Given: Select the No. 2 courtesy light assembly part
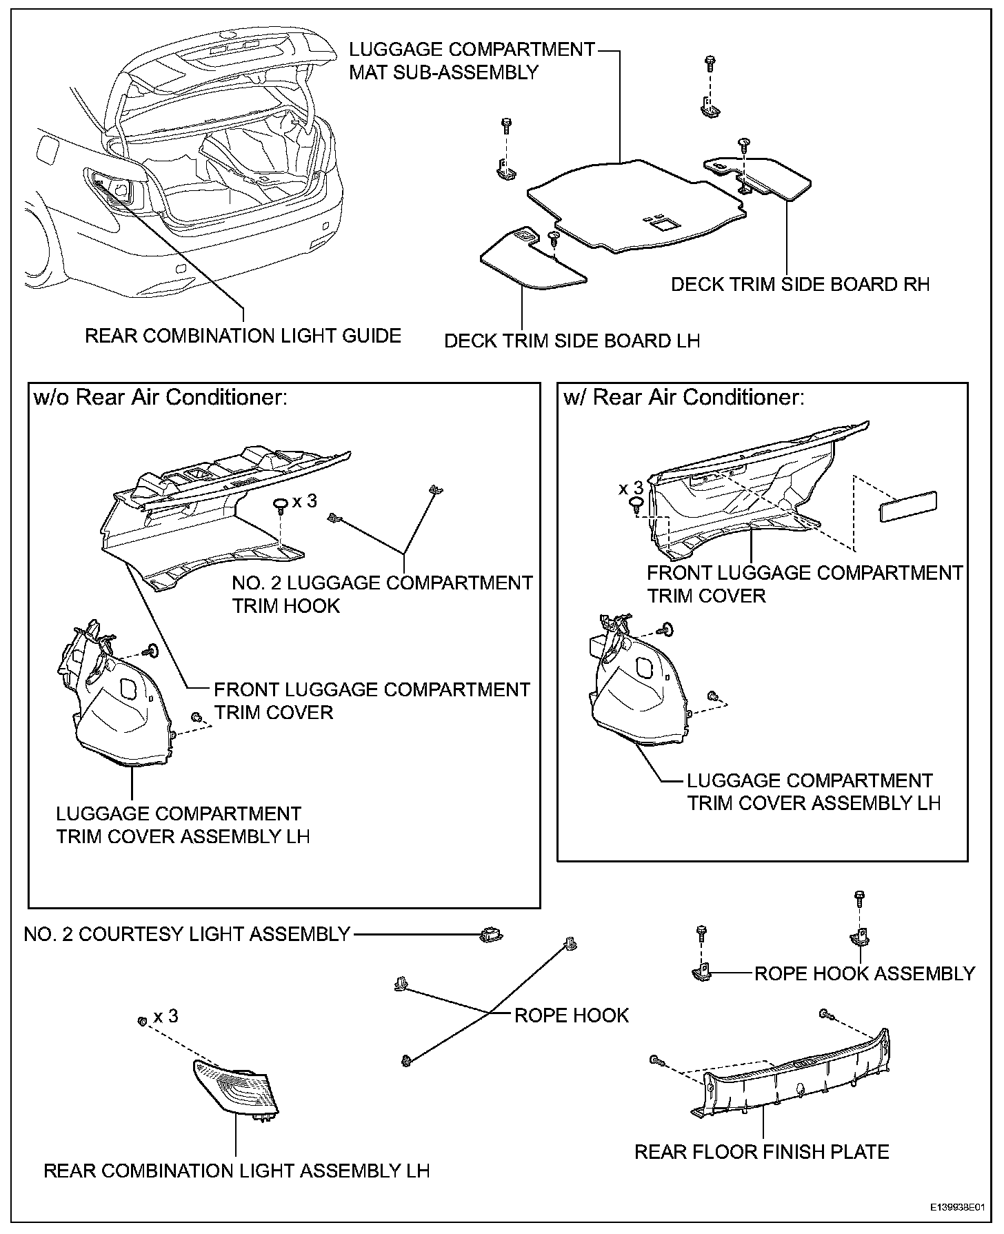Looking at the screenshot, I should (490, 935).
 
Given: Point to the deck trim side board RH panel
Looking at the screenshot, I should (765, 175).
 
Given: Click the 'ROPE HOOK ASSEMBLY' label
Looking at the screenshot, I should (865, 973).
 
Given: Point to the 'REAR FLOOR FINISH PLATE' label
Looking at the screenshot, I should (762, 1151).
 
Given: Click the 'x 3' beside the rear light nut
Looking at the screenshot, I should (165, 1016).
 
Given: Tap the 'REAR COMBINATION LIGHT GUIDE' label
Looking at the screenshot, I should (243, 336).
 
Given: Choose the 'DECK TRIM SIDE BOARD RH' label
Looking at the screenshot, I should (801, 284).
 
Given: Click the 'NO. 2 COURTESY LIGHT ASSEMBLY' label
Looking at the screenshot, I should (187, 934).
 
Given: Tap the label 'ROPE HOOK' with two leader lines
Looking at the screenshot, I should (572, 1015).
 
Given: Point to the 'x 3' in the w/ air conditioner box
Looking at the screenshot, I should (631, 488).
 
